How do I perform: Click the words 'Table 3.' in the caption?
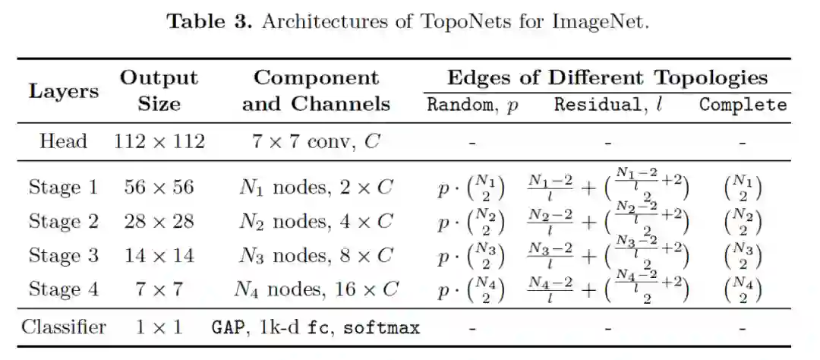(210, 21)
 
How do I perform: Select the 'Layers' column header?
(64, 91)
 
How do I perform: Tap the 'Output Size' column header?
(159, 90)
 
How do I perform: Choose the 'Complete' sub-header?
(743, 105)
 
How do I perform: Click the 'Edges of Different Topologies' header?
(607, 77)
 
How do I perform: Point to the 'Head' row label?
(64, 141)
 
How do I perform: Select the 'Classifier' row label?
(64, 327)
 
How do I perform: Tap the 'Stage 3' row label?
(64, 255)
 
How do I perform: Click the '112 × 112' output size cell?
(159, 141)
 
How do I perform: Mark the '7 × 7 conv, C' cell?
(316, 141)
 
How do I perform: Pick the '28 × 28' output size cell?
(159, 221)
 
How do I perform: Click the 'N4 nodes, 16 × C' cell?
(316, 289)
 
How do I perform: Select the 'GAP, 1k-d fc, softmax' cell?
(316, 328)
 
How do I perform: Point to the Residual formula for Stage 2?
(607, 222)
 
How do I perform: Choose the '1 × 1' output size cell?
(159, 327)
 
